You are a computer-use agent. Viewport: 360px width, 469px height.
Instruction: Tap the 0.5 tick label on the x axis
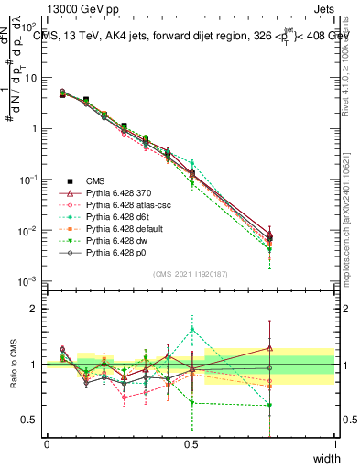tap(191, 443)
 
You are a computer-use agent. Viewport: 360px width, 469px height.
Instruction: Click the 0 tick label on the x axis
tap(47, 443)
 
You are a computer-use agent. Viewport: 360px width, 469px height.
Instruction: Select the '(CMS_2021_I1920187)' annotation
tap(191, 275)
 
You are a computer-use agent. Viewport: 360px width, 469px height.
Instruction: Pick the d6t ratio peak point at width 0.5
tap(191, 329)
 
